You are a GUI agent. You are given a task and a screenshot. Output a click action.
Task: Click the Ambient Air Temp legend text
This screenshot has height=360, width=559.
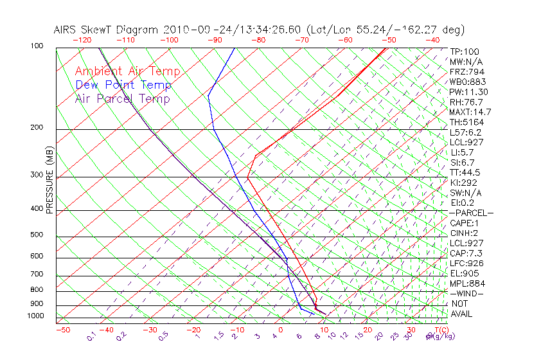click(x=127, y=71)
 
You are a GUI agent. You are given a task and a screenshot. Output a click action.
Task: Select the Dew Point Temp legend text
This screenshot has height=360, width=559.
click(x=123, y=85)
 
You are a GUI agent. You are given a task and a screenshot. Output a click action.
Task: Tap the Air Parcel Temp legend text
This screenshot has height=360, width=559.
click(x=122, y=98)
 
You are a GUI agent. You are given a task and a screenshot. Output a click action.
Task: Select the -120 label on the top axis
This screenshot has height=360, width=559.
click(x=82, y=40)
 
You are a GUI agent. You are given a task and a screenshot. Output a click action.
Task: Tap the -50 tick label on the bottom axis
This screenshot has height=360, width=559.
click(x=62, y=330)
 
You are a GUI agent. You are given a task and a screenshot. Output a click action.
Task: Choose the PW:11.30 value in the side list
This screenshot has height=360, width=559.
click(x=469, y=92)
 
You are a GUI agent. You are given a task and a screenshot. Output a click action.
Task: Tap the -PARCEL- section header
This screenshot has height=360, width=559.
click(x=472, y=213)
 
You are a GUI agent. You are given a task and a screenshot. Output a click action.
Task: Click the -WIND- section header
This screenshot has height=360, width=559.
click(x=467, y=293)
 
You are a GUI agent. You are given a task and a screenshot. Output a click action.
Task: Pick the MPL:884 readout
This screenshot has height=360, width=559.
click(x=467, y=283)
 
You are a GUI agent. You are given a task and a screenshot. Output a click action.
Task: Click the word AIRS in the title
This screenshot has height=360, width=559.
click(x=67, y=30)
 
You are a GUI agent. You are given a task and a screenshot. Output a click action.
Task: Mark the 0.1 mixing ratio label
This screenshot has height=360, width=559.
click(x=92, y=336)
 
